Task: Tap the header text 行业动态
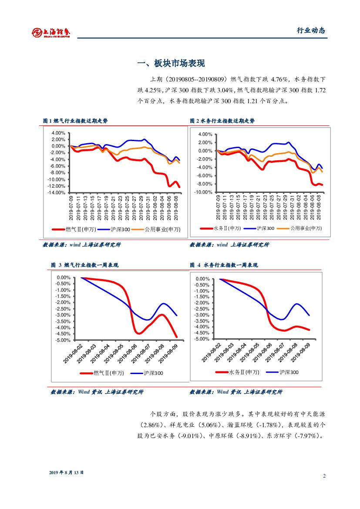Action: (x=311, y=30)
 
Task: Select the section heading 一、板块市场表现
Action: (x=171, y=64)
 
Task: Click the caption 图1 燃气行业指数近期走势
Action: (x=75, y=121)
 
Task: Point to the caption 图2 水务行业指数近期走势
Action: (x=222, y=121)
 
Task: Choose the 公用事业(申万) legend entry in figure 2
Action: (x=306, y=228)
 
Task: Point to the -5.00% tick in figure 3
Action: (x=63, y=340)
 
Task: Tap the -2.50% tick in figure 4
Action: (x=202, y=309)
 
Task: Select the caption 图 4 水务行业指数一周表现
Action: (x=224, y=265)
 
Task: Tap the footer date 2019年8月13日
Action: (x=66, y=472)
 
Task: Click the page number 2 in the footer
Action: (x=324, y=475)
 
